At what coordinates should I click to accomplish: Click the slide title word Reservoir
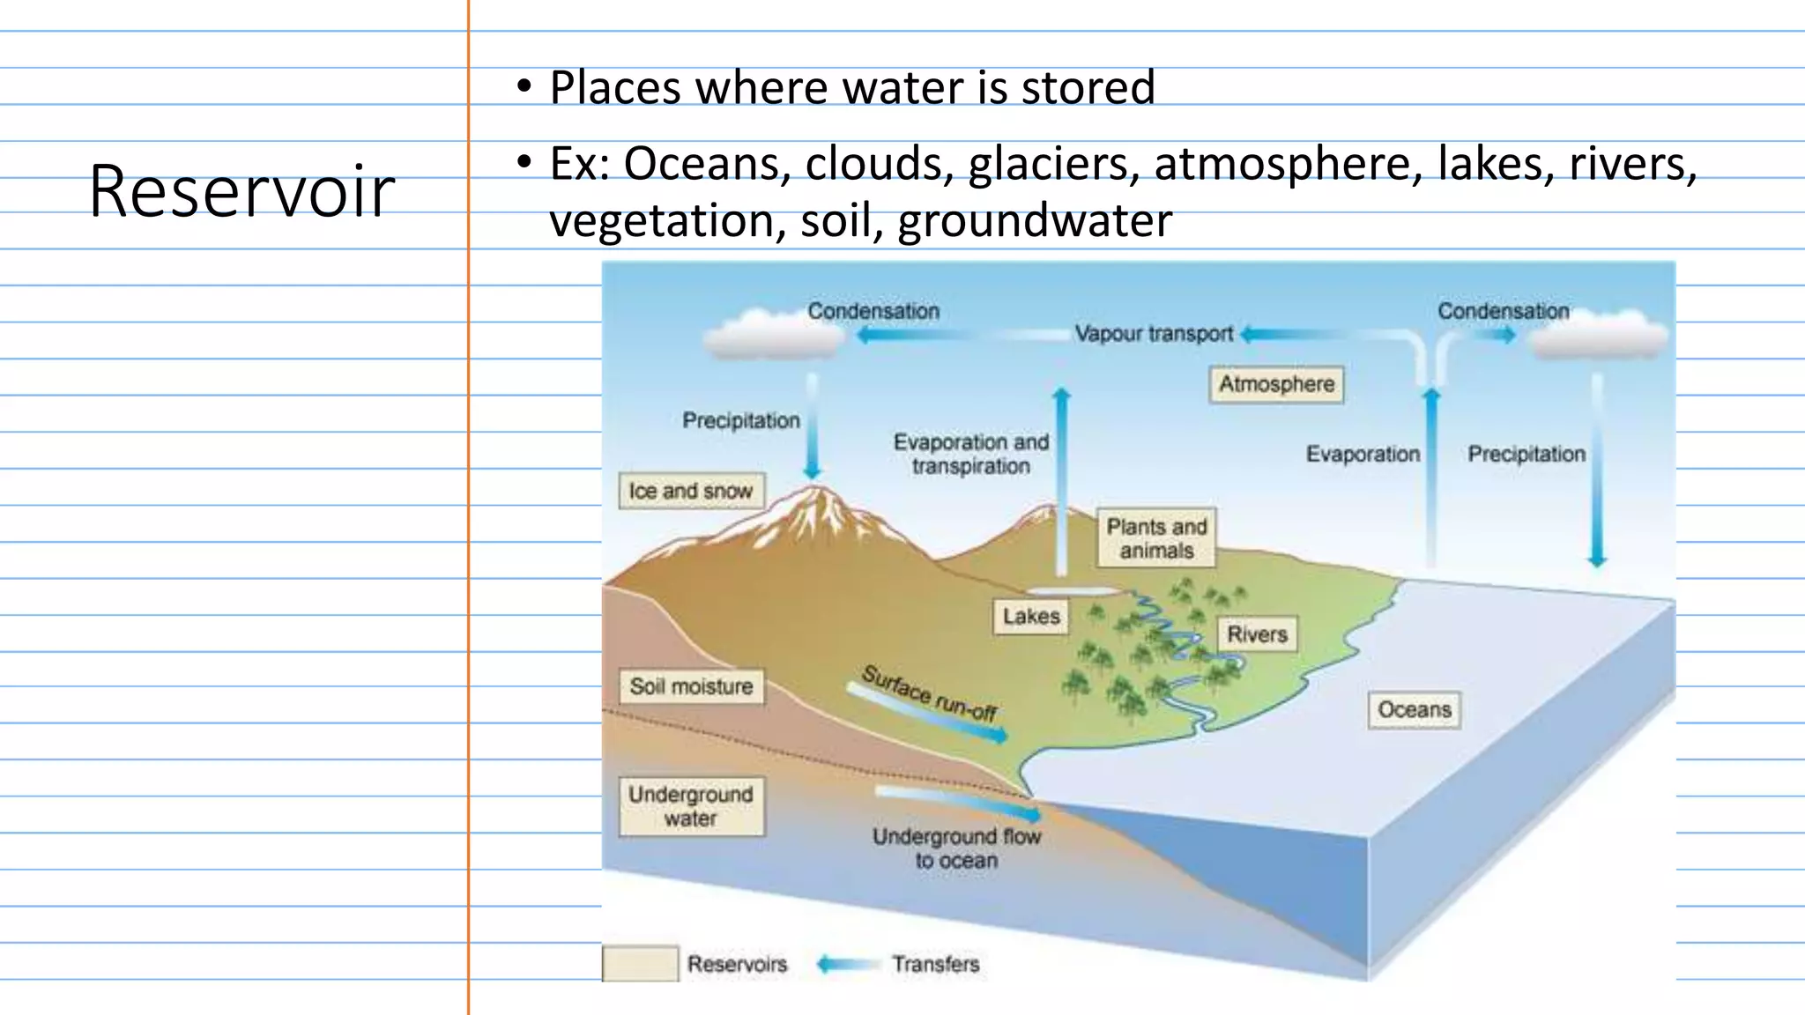pos(241,191)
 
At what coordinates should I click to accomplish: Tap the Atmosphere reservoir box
pos(1276,384)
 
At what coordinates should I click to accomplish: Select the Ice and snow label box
pos(691,491)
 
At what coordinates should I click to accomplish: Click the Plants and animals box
pos(1156,537)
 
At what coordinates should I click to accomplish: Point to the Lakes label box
pos(1030,616)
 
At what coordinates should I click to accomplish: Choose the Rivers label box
pos(1257,633)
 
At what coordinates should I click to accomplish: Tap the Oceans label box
pos(1414,709)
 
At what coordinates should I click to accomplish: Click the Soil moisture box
pos(691,686)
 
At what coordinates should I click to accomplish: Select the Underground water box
pos(691,805)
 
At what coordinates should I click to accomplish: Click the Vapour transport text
pos(1153,334)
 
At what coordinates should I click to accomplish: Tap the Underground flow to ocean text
pos(956,848)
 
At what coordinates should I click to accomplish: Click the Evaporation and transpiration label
pos(970,454)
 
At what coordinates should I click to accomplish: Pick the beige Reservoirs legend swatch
pos(640,964)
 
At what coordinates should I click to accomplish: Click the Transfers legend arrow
pos(847,964)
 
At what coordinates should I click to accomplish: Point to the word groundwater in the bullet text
pos(1035,220)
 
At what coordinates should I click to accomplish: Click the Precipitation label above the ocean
pos(1526,454)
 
